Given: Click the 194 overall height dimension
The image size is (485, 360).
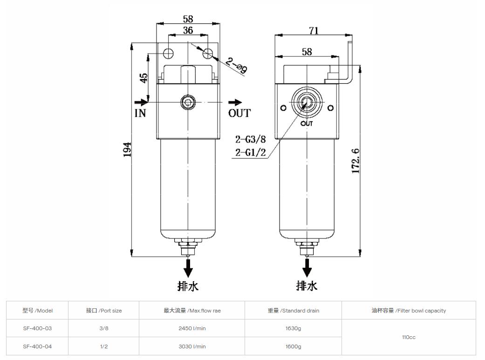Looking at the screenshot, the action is point(127,149).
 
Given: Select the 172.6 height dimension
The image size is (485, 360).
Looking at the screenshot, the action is point(355,161).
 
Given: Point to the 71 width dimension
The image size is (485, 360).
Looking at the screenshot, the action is point(314,30).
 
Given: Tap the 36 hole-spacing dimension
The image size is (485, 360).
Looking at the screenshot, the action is point(188,30).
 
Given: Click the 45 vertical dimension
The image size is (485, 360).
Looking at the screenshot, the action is point(144,78).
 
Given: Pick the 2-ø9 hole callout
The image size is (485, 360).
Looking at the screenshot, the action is point(237,66).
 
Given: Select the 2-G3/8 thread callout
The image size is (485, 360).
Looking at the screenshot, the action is point(250,139).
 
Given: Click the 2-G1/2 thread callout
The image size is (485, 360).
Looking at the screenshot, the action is point(250,152).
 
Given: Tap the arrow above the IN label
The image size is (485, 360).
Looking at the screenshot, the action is point(141,102).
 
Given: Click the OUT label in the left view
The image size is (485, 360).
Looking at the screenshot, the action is point(239,113).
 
